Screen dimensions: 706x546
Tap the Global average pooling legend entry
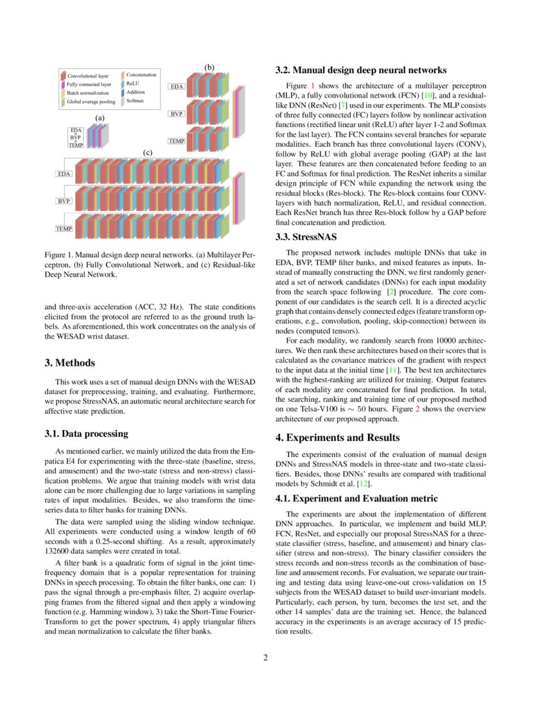(91, 101)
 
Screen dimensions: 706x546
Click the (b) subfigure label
(209, 67)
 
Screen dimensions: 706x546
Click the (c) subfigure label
(147, 153)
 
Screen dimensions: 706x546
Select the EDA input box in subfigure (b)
(176, 86)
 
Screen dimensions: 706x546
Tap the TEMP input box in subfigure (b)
(177, 141)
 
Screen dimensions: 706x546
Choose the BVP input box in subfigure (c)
(64, 201)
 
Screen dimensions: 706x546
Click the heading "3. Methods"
(70, 363)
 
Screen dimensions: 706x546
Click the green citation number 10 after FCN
(429, 95)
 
